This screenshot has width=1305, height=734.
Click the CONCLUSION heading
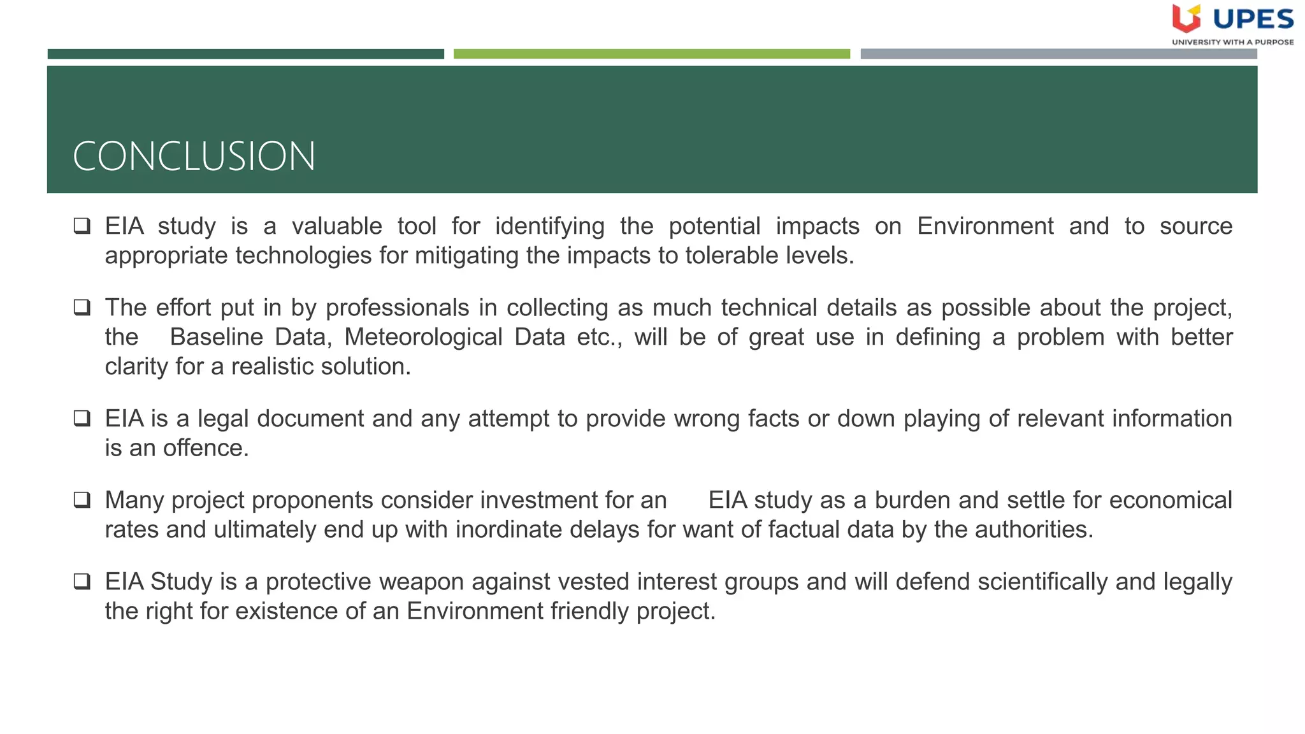pos(194,156)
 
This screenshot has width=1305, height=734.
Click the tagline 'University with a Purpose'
pos(1232,42)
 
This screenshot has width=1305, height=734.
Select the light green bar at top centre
pos(651,54)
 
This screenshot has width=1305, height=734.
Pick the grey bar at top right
pos(1058,54)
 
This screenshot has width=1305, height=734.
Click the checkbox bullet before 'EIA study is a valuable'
pos(82,226)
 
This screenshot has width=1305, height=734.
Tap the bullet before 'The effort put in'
pos(82,307)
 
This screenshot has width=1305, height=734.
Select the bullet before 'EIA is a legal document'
pos(82,418)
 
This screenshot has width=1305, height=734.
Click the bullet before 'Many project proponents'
pos(82,500)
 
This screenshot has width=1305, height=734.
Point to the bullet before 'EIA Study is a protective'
pos(82,581)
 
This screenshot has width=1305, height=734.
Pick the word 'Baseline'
pos(216,337)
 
